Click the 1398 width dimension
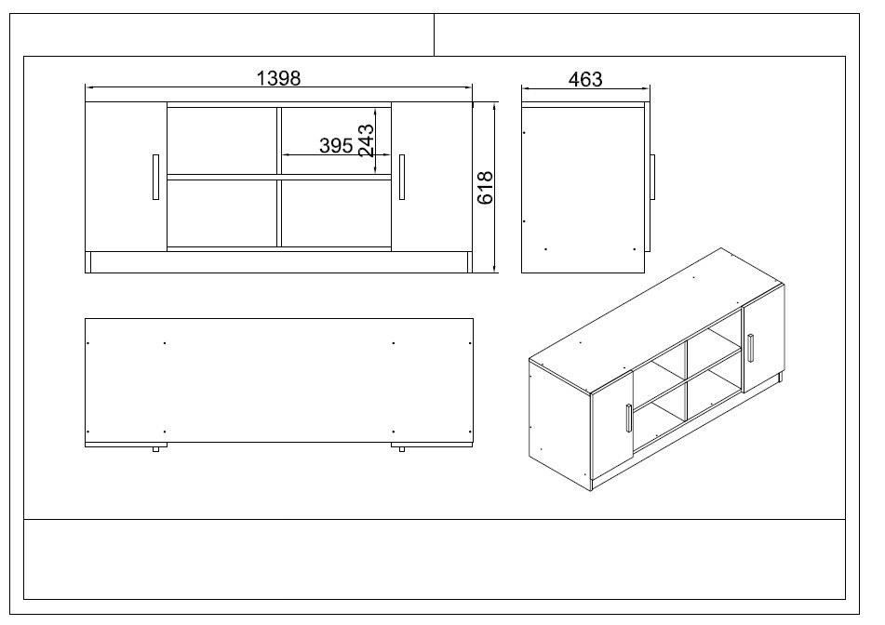click(278, 78)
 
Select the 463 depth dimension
click(584, 79)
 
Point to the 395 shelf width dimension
click(335, 145)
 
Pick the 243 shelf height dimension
click(366, 140)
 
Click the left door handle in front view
click(154, 177)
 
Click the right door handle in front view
click(402, 177)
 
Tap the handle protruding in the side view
click(653, 176)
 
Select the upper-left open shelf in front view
click(221, 139)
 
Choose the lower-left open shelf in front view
click(221, 212)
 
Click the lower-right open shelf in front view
click(336, 212)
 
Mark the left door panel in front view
click(126, 177)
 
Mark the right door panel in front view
click(432, 177)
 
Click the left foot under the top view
click(155, 450)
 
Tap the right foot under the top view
click(402, 450)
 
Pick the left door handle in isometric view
click(630, 419)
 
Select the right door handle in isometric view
click(750, 348)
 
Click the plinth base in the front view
click(278, 262)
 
